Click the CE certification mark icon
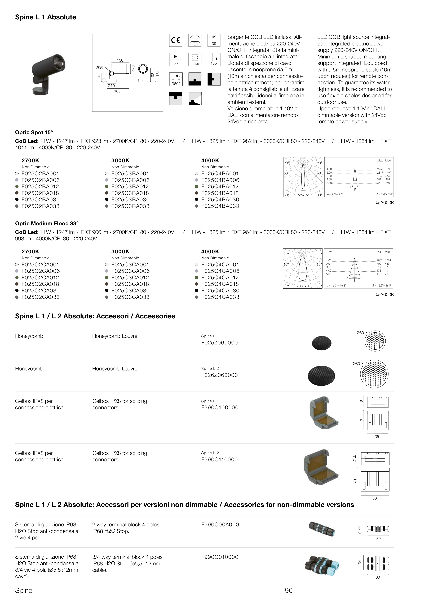pos(175,40)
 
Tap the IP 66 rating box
pos(175,59)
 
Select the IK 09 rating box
pos(214,40)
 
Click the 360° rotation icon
pos(175,79)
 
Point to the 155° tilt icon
pos(214,59)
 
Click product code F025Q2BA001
pos(40,173)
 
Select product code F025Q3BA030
pos(130,199)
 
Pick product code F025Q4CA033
pos(220,297)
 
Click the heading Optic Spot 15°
pos(34,132)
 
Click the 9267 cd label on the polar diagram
pos(303,195)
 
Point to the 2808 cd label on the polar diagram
pos(303,286)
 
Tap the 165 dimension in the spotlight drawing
pos(117,91)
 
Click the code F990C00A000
pos(220,524)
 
